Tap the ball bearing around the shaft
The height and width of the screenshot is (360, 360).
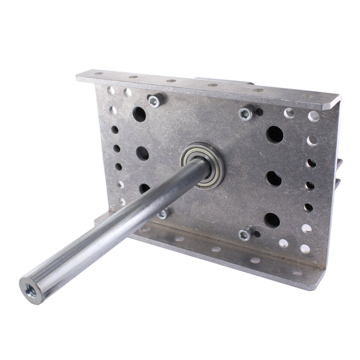coord(204,164)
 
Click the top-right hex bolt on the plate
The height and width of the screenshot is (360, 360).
coord(247,113)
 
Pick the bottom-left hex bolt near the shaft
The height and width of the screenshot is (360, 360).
coord(164,213)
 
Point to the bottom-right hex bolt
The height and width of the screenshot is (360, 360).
coord(245,235)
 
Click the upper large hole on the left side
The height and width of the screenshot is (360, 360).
coord(139,114)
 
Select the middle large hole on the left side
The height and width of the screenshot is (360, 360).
coord(142,153)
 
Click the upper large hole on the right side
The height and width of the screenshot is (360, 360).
coord(275,135)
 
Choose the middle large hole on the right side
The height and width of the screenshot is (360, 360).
coord(273,178)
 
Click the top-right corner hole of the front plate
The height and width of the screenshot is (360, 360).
coord(313,116)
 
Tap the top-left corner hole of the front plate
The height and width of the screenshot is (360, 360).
coord(112,91)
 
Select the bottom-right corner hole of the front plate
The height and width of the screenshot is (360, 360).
coord(305,249)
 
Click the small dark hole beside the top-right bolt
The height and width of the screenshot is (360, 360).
coord(259,112)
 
